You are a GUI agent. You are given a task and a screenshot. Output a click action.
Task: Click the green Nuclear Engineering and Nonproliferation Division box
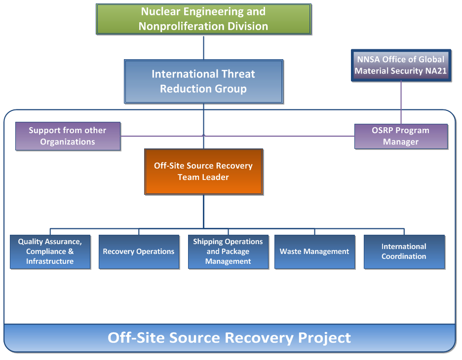203,19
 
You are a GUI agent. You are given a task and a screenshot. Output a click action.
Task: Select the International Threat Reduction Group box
203,81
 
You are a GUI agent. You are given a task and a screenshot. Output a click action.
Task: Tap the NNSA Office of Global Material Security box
400,65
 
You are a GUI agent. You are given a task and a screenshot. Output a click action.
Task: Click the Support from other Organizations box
68,136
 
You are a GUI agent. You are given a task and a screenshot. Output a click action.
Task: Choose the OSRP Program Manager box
400,136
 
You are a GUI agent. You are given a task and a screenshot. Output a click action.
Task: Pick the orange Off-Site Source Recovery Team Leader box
203,171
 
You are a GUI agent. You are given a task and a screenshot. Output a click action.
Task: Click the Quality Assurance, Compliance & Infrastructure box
50,252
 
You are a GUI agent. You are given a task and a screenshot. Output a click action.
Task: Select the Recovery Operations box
139,252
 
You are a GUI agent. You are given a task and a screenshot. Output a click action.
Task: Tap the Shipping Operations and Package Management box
228,252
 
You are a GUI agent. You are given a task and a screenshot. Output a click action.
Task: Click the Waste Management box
314,252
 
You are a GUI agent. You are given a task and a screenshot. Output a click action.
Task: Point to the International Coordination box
404,252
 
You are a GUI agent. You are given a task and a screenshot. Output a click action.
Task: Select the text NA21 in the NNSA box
436,71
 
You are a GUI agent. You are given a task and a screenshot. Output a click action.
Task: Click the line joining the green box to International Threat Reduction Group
203,47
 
